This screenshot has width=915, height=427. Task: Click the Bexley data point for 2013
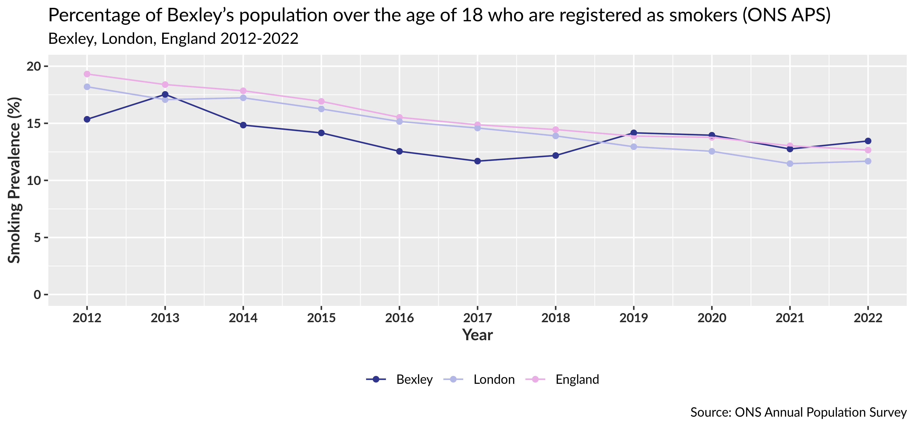coord(165,94)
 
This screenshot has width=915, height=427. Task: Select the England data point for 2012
coord(87,74)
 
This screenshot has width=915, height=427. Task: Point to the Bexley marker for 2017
coord(477,161)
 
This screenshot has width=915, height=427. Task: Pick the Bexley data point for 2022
coord(868,141)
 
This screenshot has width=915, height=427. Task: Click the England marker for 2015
coord(321,101)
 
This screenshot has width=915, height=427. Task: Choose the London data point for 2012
coord(87,87)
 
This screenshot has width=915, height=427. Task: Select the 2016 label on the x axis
coord(399,318)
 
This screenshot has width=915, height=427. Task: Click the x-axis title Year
coord(477,335)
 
